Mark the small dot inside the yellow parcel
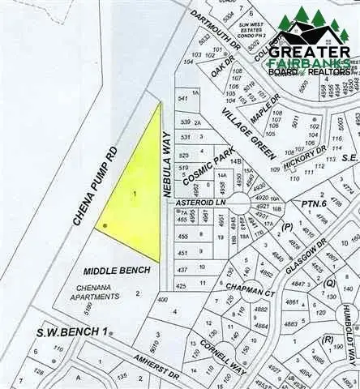coord(105,224)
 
